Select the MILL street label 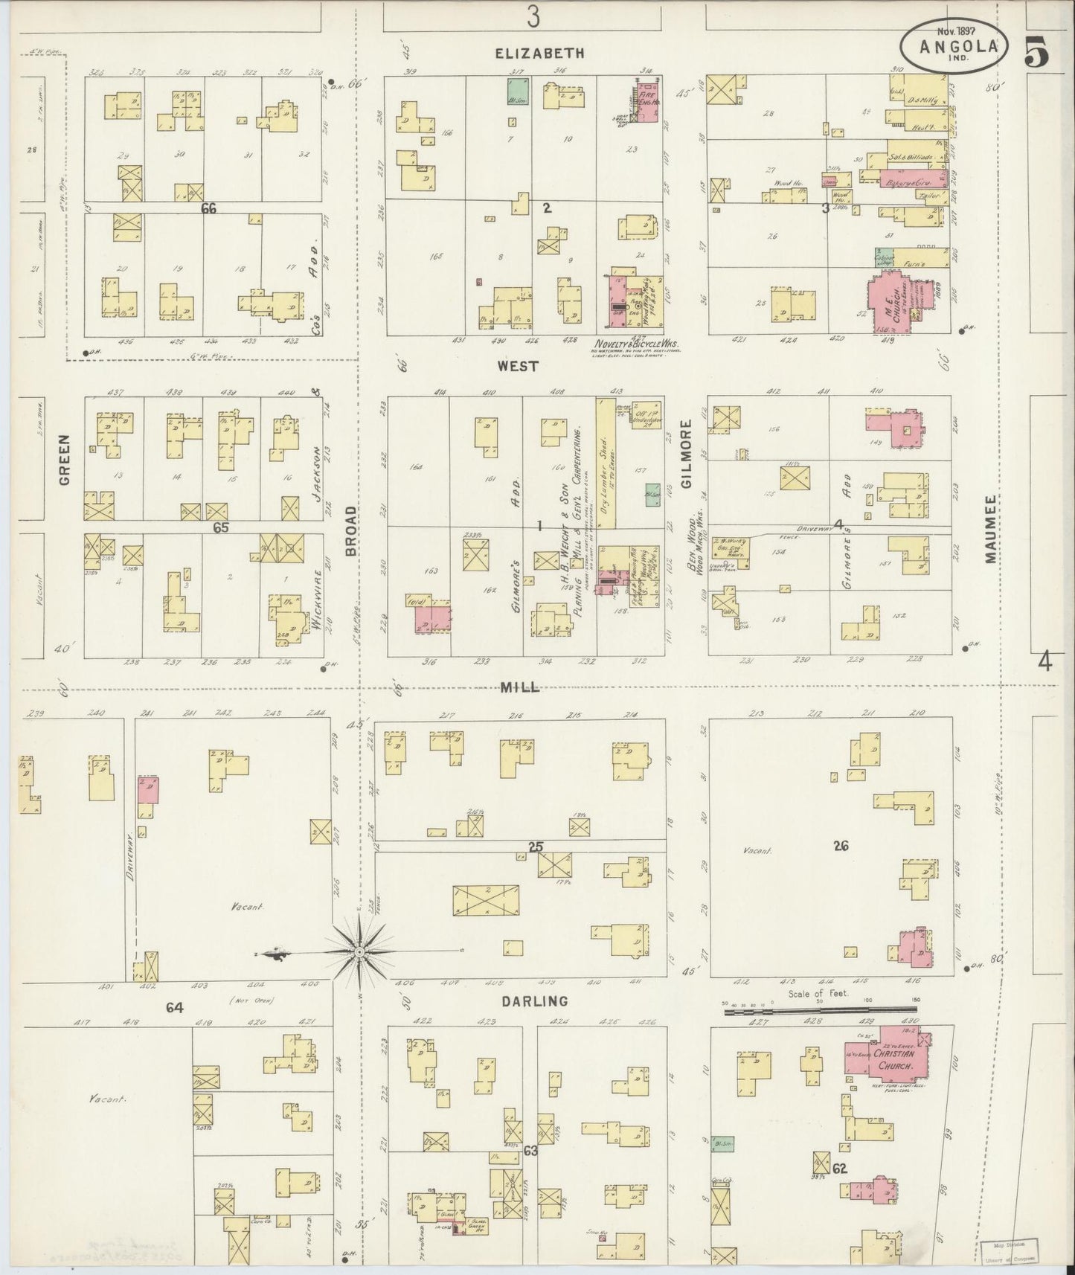point(519,687)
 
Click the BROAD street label point(351,530)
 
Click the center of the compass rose point(359,951)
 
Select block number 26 point(841,845)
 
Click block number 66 point(209,210)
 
